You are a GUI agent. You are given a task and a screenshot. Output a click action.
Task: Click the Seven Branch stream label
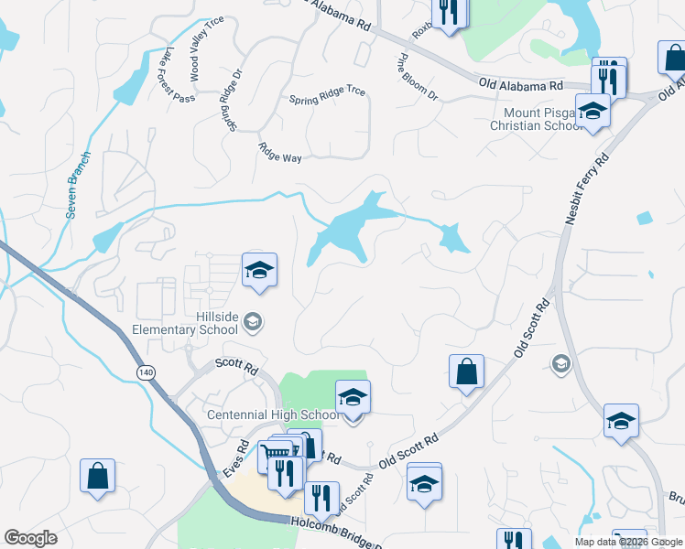[x=78, y=184]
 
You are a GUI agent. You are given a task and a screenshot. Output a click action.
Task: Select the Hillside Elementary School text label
[x=216, y=323]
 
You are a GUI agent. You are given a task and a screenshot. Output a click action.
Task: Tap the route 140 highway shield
[x=146, y=372]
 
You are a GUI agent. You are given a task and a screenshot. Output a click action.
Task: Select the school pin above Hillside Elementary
[x=260, y=270]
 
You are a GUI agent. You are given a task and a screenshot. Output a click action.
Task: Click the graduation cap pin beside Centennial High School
[x=353, y=398]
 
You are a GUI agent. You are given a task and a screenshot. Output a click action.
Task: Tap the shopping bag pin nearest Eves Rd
[x=97, y=477]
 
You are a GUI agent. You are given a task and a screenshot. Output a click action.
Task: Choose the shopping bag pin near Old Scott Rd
[x=466, y=371]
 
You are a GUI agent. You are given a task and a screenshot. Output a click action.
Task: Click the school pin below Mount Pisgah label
[x=593, y=112]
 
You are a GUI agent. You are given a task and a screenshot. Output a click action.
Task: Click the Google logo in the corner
[x=30, y=539]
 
